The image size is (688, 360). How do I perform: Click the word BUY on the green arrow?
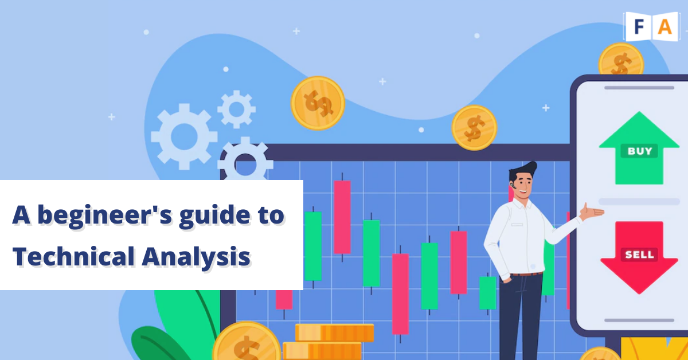[x=639, y=151]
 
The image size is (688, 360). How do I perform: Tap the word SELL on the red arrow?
[x=639, y=255]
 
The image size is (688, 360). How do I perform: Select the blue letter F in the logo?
[x=639, y=27]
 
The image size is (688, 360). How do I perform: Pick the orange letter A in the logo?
[x=665, y=27]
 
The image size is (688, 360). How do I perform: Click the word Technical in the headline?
[x=74, y=256]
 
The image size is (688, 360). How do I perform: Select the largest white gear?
[x=184, y=136]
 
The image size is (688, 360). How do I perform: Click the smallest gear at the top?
[x=236, y=109]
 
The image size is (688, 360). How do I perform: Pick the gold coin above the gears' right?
[x=318, y=103]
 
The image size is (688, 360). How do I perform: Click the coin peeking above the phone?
[x=621, y=59]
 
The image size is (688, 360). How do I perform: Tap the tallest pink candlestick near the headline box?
[x=342, y=217]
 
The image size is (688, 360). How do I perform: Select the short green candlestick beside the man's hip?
[x=488, y=293]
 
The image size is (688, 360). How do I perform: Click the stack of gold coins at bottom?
[x=328, y=342]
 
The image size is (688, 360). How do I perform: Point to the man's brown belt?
[x=526, y=273]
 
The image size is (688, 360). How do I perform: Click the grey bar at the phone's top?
[x=639, y=88]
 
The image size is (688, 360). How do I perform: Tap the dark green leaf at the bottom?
[x=157, y=344]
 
